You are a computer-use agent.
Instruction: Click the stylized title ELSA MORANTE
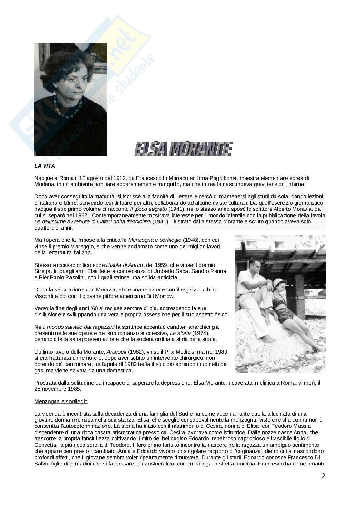coord(183,149)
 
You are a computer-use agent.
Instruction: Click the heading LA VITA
coord(45,166)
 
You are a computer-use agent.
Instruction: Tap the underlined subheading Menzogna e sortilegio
coord(61,401)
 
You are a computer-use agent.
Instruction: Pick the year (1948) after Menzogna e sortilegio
coord(192,240)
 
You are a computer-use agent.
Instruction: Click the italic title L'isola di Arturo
coord(124,265)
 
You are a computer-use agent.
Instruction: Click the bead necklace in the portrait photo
coord(69,109)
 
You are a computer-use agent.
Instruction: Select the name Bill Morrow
coord(160,296)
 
